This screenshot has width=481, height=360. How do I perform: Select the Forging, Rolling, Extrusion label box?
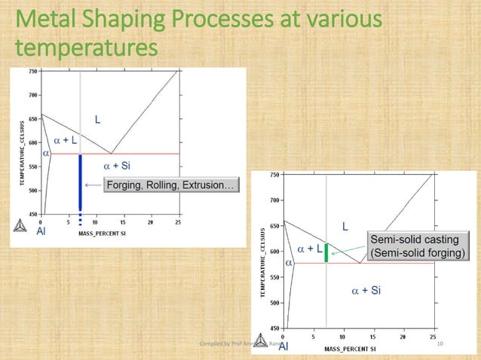click(x=171, y=185)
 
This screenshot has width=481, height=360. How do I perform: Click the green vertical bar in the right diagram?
click(x=326, y=252)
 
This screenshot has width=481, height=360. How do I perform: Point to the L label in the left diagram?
click(x=97, y=119)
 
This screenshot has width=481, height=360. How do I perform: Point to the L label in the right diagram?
click(x=346, y=226)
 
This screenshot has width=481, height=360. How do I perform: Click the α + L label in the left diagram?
click(x=65, y=140)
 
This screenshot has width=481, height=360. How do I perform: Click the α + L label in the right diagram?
click(x=310, y=248)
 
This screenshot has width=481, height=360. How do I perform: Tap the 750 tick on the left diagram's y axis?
click(x=34, y=72)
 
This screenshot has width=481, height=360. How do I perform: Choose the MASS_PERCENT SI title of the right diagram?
click(x=352, y=349)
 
